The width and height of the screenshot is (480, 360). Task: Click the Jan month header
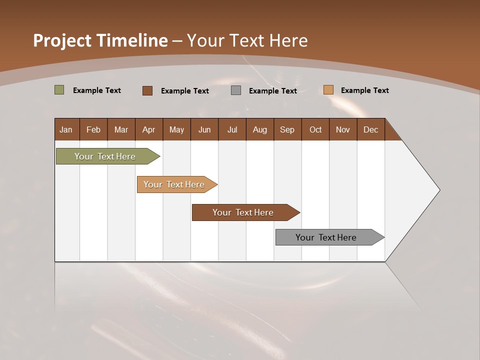point(66,129)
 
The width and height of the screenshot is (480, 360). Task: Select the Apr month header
point(148,129)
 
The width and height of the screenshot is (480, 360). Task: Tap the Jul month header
point(232,129)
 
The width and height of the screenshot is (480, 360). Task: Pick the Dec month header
point(370,129)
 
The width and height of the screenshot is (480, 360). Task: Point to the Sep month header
point(287,129)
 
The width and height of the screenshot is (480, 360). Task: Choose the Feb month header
point(93,129)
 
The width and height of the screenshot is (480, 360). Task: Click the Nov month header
point(342,129)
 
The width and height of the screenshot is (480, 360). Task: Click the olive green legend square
point(59,90)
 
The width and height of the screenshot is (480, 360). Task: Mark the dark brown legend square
point(147,90)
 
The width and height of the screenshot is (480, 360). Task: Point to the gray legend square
point(236,90)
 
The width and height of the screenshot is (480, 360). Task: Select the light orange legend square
point(328,90)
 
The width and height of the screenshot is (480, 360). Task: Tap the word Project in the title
point(61,40)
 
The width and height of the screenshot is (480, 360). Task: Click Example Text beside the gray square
point(272,91)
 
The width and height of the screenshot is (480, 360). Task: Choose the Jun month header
point(204,129)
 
